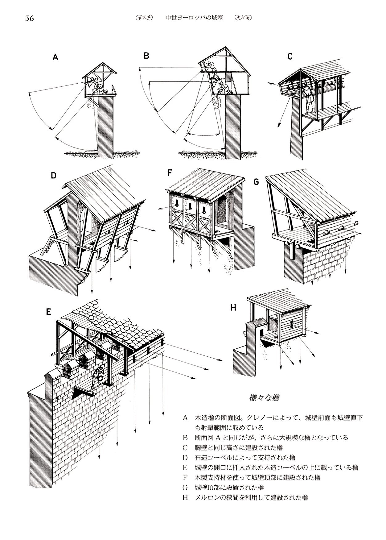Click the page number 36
30,18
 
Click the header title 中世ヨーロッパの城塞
194,18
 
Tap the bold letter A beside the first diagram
55,57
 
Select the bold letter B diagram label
146,56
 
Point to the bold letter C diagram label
290,56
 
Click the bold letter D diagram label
54,176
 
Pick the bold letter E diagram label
48,312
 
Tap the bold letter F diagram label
170,173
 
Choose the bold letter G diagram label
256,182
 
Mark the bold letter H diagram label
233,307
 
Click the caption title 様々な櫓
264,398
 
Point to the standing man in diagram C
308,99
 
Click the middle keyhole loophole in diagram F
190,206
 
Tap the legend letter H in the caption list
185,497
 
